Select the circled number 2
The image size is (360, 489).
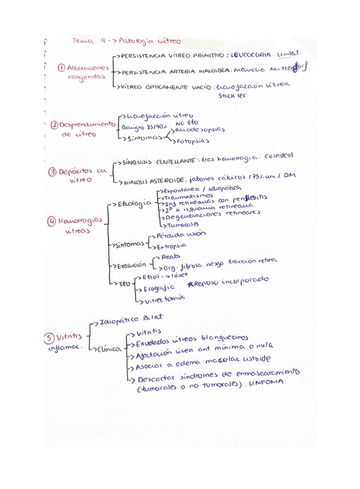pyautogui.click(x=55, y=125)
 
